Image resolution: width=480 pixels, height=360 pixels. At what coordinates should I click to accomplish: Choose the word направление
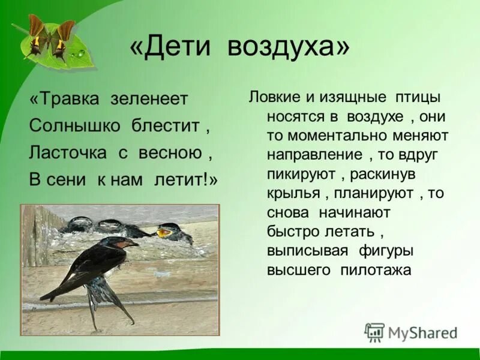[x=315, y=155]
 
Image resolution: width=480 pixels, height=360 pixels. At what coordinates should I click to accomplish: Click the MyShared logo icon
[x=374, y=332]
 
